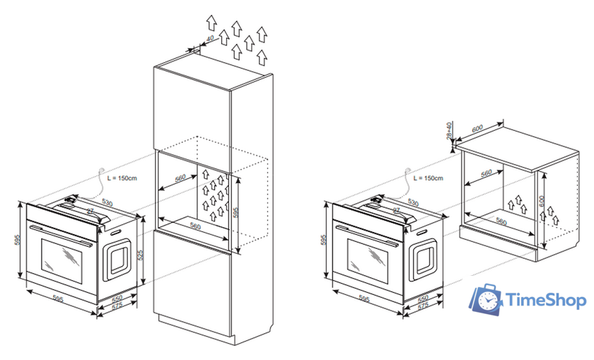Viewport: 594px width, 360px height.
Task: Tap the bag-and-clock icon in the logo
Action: pyautogui.click(x=487, y=299)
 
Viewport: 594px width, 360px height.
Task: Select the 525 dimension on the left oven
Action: pyautogui.click(x=141, y=254)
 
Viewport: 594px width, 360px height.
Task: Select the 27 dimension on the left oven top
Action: pyautogui.click(x=91, y=210)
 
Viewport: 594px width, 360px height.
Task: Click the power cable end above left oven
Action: pyautogui.click(x=102, y=170)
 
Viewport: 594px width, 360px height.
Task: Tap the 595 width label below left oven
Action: pyautogui.click(x=58, y=300)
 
